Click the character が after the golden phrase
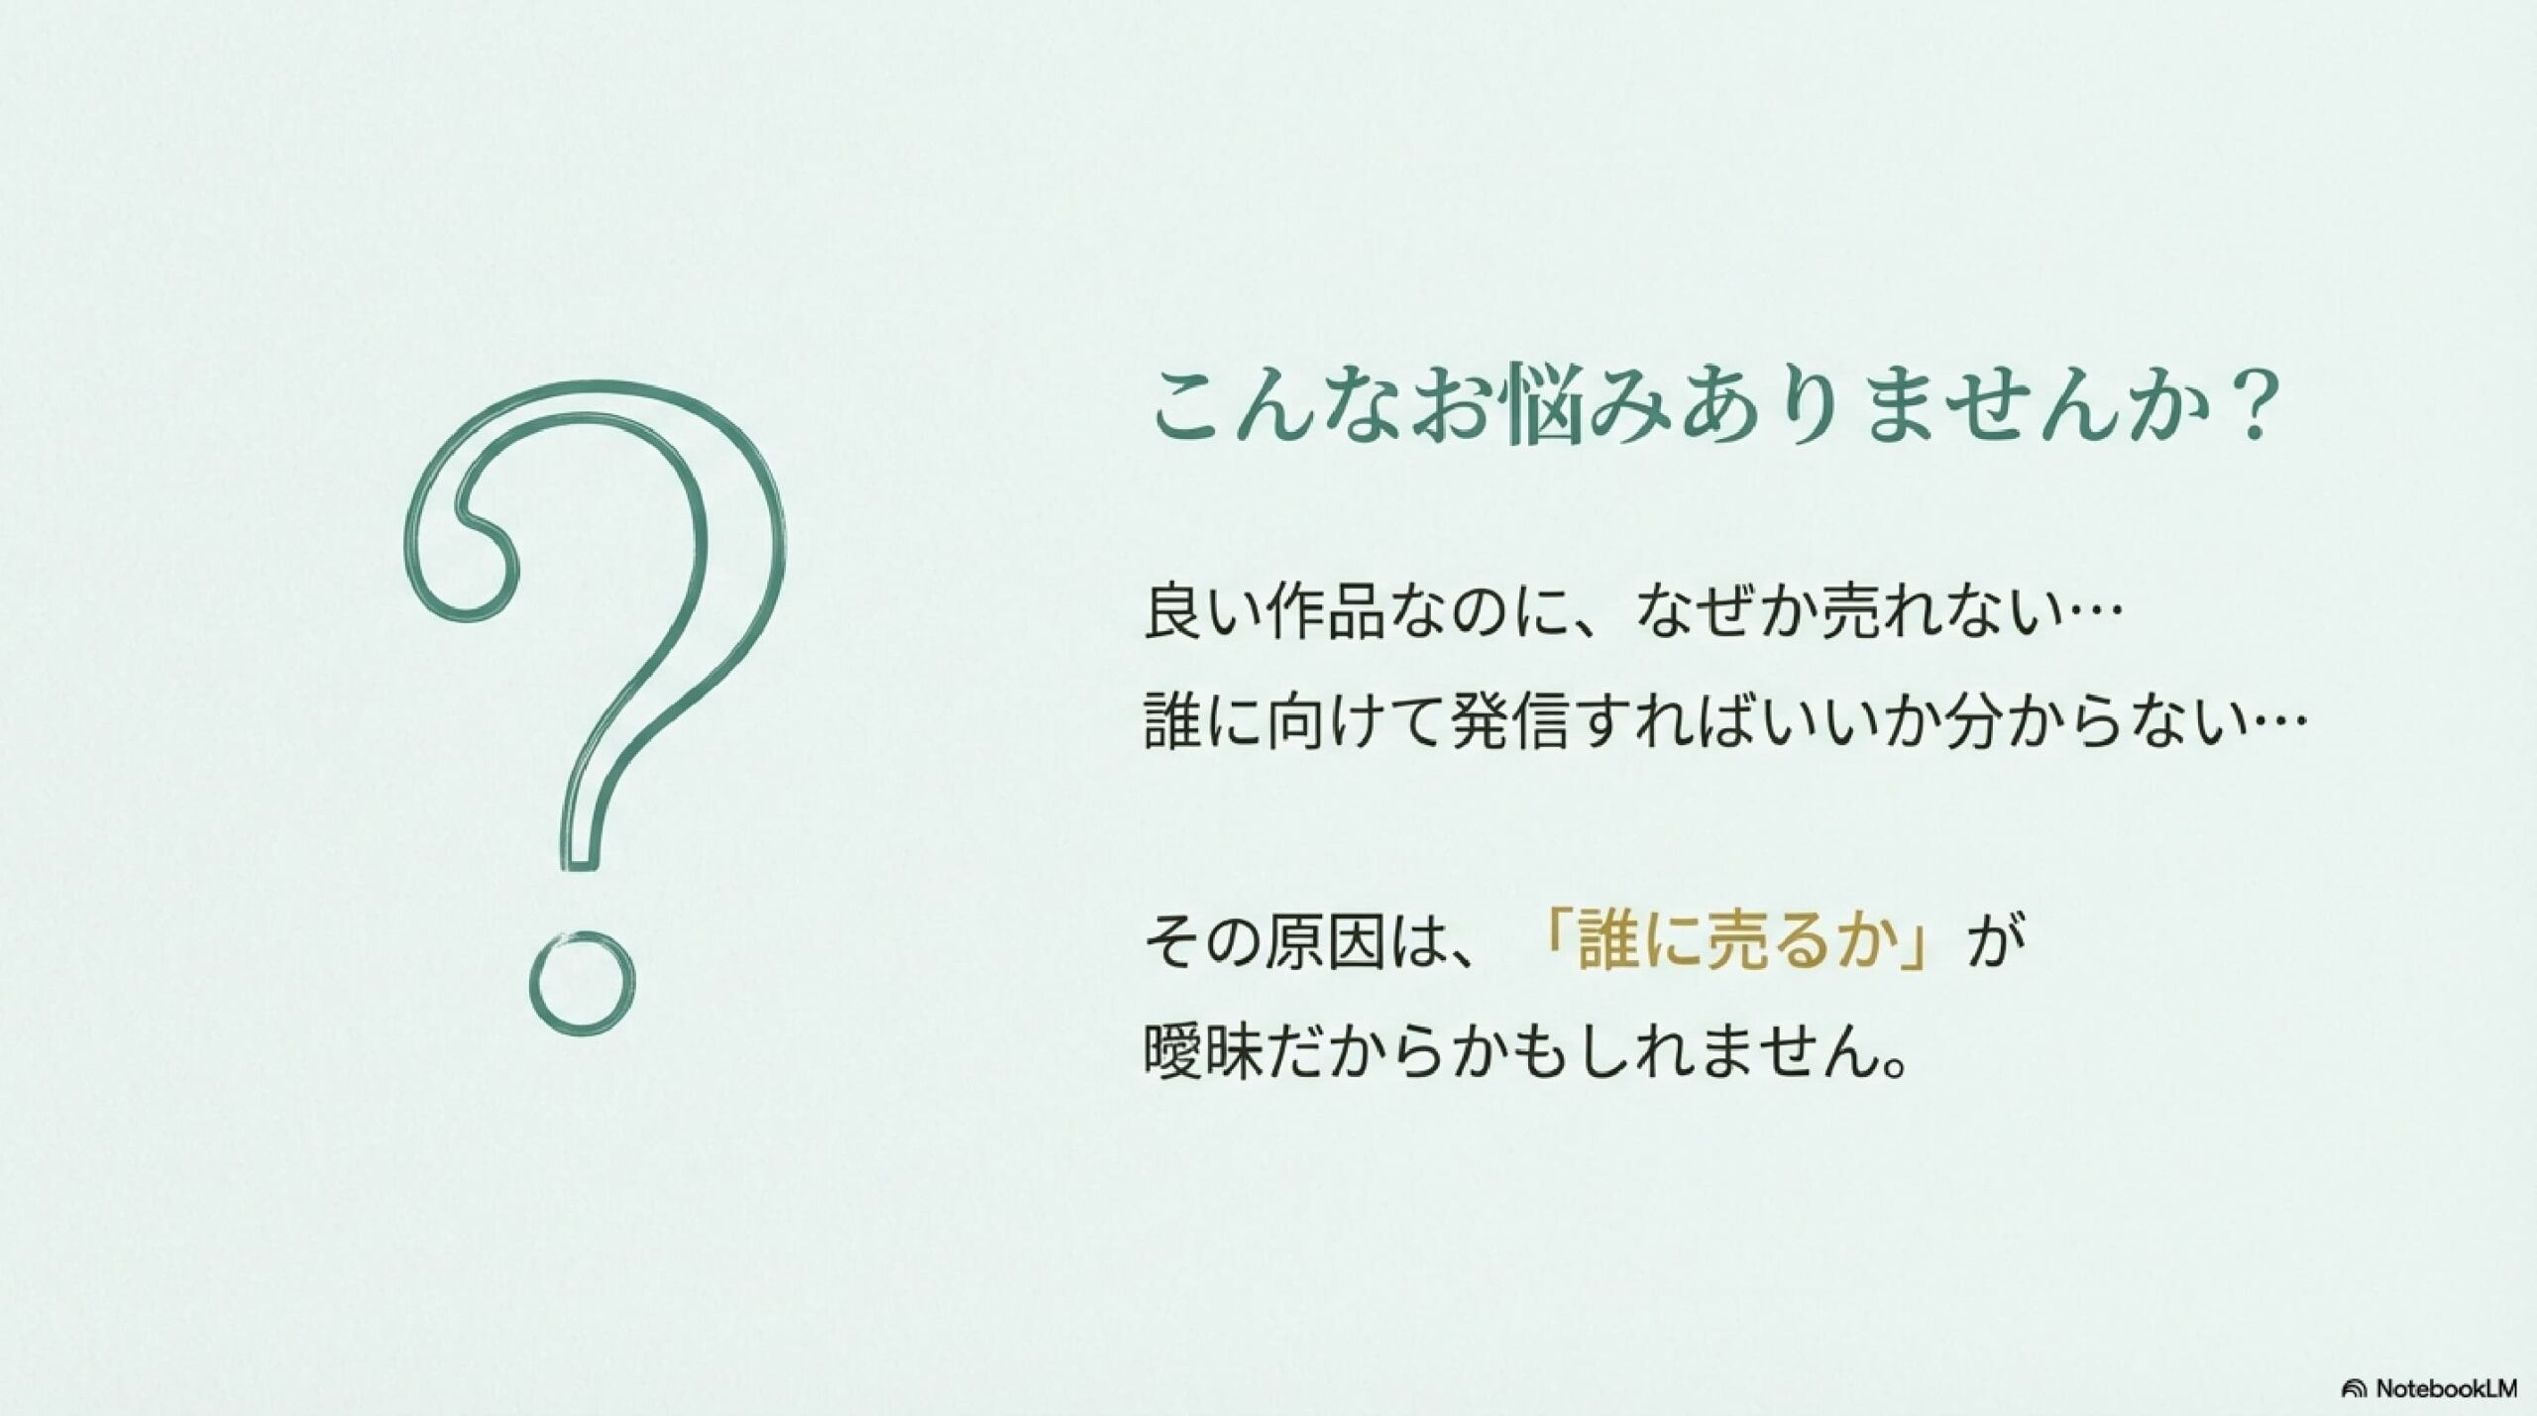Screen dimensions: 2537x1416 coord(1990,942)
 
